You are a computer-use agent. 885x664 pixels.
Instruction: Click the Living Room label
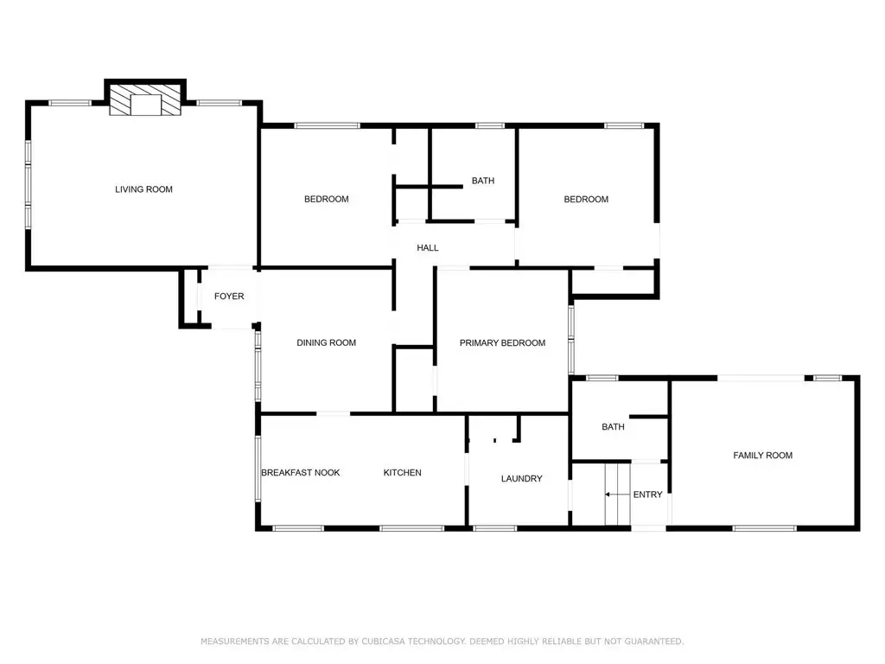coord(144,189)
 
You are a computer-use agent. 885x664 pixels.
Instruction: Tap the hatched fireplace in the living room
coord(145,100)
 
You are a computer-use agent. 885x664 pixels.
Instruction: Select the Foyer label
coord(229,296)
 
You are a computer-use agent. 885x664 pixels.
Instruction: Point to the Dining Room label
coord(326,342)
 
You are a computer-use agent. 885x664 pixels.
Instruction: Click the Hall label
coord(427,247)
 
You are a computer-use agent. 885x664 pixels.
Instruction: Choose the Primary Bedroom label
coord(502,342)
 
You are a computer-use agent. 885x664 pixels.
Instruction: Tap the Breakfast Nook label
coord(300,473)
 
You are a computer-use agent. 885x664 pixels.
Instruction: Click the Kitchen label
coord(403,473)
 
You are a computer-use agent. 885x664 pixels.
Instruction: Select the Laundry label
coord(521,478)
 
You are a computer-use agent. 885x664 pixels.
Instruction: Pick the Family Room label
coord(762,455)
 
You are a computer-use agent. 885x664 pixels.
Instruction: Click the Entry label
coord(647,494)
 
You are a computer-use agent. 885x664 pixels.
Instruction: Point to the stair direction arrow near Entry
coord(617,494)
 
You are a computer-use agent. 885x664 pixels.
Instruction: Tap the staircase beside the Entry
coord(617,494)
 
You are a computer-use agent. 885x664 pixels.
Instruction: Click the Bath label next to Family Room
coord(613,427)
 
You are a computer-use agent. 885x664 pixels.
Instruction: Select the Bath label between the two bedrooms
coord(483,181)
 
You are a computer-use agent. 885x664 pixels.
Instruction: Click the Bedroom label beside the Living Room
coord(326,199)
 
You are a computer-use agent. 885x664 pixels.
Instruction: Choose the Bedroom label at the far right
coord(586,200)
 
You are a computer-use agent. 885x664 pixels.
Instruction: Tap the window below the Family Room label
coord(764,528)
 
